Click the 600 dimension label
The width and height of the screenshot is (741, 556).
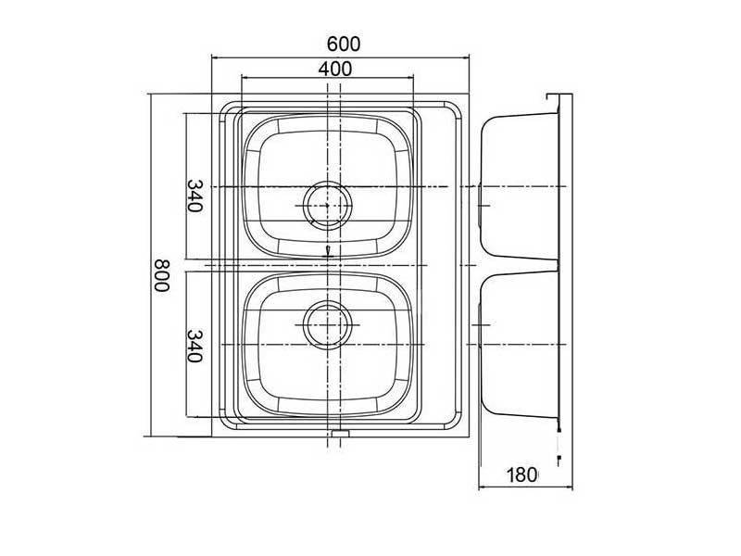coord(343,44)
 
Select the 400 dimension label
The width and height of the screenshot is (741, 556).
coord(333,68)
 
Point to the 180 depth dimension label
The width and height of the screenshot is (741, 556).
coord(522,475)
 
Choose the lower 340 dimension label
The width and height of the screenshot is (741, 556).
coord(194,346)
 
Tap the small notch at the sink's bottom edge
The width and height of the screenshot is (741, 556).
coord(340,433)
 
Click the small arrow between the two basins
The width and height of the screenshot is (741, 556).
coord(328,252)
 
